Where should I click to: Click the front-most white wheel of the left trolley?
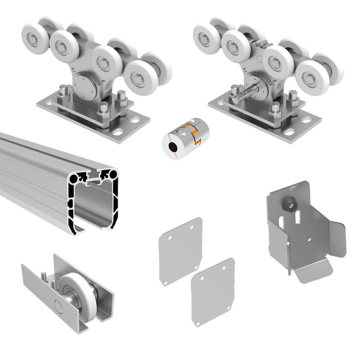[140, 74]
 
